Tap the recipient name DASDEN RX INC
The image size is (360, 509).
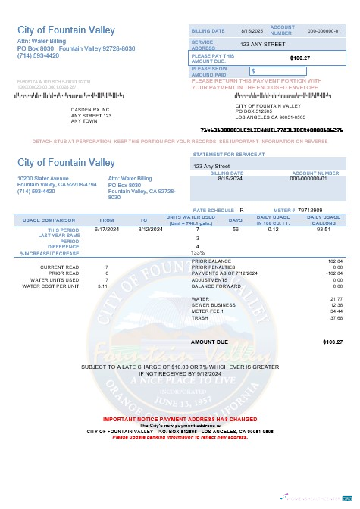pyautogui.click(x=90, y=109)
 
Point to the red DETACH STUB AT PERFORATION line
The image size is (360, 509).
pyautogui.click(x=180, y=141)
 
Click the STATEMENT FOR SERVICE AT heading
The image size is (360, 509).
pyautogui.click(x=229, y=154)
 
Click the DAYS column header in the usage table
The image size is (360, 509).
pyautogui.click(x=236, y=220)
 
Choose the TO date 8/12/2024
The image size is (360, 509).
pyautogui.click(x=150, y=228)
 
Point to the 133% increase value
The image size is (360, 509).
pyautogui.click(x=197, y=252)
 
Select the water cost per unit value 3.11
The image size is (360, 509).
pyautogui.click(x=102, y=286)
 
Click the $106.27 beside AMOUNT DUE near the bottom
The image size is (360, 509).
pyautogui.click(x=333, y=342)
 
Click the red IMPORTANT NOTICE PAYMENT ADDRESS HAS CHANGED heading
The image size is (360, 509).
pyautogui.click(x=180, y=419)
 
